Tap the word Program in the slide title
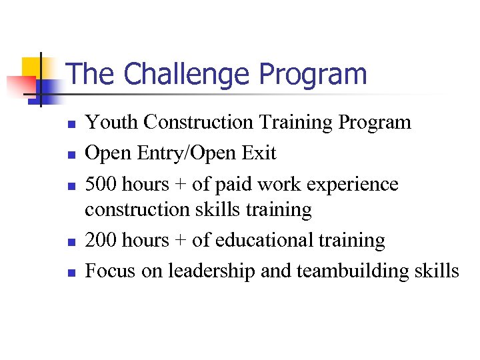click(x=313, y=75)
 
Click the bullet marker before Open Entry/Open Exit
click(x=77, y=154)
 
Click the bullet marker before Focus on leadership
click(x=77, y=272)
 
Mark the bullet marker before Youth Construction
click(x=77, y=123)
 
